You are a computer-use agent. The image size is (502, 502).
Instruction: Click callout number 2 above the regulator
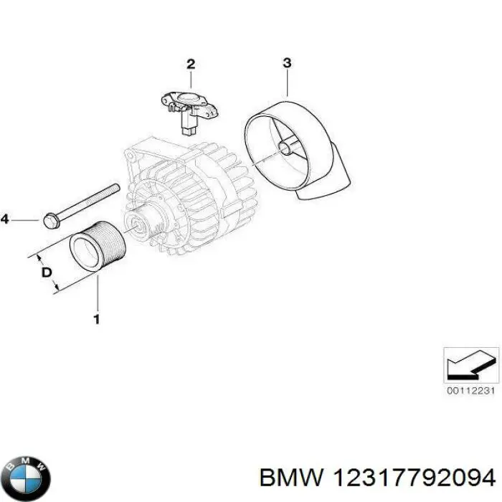[191, 65]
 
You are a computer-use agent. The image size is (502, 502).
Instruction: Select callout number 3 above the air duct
[286, 63]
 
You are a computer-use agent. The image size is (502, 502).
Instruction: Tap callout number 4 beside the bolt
[5, 219]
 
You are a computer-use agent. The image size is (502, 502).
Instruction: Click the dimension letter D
[45, 273]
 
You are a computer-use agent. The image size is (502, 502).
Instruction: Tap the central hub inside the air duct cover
[287, 148]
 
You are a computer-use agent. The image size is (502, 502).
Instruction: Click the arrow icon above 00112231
[470, 364]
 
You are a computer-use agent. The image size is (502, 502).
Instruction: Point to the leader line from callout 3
[287, 82]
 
